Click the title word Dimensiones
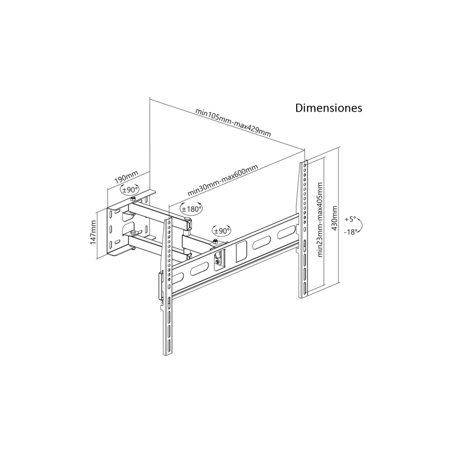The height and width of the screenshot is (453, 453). pos(328,108)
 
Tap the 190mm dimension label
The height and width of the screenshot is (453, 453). pos(126,177)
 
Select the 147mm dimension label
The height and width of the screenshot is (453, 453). pos(93,232)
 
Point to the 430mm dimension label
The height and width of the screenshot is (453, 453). pos(334,218)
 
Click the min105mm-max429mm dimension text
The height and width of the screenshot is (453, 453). pos(233,122)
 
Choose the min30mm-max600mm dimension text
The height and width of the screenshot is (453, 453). pos(223,180)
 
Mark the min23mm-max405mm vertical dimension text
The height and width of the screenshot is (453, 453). pos(320,220)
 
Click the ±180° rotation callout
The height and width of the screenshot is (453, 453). pos(191,208)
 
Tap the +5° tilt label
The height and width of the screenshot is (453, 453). pos(350,219)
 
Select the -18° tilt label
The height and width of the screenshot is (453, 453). pos(351,232)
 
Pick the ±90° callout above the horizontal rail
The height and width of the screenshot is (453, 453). pos(222,230)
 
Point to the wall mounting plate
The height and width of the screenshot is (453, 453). pos(118,231)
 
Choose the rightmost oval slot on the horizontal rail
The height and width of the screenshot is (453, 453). pos(286,233)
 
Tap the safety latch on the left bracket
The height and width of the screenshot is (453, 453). pos(160,286)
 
